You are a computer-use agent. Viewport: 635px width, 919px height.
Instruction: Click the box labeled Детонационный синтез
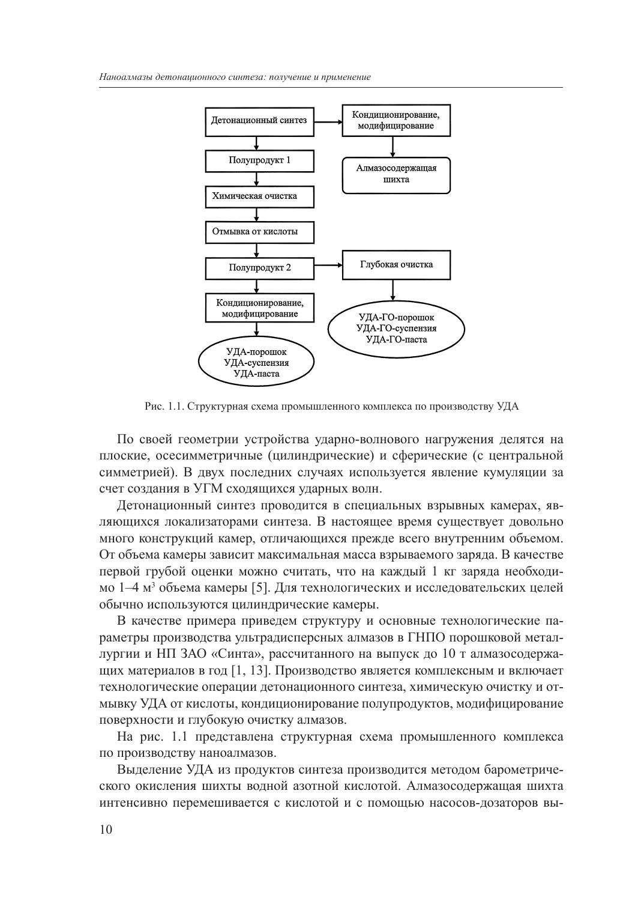pyautogui.click(x=259, y=121)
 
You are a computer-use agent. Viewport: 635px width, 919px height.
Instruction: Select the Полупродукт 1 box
pyautogui.click(x=259, y=161)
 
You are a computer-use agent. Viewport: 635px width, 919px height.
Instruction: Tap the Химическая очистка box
pyautogui.click(x=259, y=196)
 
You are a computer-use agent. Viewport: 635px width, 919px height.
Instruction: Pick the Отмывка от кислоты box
pyautogui.click(x=259, y=232)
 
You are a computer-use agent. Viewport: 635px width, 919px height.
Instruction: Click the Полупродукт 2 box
pyautogui.click(x=259, y=268)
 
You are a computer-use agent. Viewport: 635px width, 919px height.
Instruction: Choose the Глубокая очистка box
pyautogui.click(x=396, y=265)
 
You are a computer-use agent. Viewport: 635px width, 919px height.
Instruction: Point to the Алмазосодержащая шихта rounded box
pyautogui.click(x=396, y=174)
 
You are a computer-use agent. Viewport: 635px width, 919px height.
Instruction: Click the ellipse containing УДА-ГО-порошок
pyautogui.click(x=396, y=328)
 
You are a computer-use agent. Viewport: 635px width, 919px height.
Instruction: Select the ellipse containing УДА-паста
pyautogui.click(x=256, y=363)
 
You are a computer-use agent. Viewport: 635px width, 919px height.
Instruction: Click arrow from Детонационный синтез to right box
pyautogui.click(x=328, y=121)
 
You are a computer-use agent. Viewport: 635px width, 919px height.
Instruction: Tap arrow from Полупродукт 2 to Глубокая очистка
pyautogui.click(x=328, y=265)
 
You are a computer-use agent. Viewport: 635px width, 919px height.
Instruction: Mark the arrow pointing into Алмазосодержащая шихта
pyautogui.click(x=393, y=147)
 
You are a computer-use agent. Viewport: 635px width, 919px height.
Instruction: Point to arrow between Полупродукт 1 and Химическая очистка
pyautogui.click(x=257, y=180)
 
